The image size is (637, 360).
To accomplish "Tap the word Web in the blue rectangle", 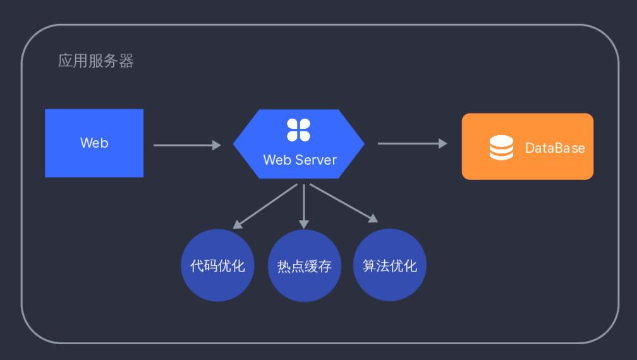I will [x=94, y=143].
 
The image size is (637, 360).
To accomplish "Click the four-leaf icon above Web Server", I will [x=299, y=129].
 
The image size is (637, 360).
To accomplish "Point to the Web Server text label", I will [x=300, y=159].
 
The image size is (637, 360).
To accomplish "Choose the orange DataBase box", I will [x=527, y=164].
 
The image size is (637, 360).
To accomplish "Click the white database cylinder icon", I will [x=501, y=148].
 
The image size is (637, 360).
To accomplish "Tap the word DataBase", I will [x=555, y=148].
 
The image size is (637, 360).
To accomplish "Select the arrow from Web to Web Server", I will [x=186, y=145].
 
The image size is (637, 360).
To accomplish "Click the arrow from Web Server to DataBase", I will [x=411, y=143].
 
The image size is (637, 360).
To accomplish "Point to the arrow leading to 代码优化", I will [x=265, y=206].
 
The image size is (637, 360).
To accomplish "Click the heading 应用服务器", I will [x=96, y=62].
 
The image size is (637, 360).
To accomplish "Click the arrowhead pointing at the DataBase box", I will [x=443, y=143].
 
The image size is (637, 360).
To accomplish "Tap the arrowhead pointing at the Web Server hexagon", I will [x=216, y=145].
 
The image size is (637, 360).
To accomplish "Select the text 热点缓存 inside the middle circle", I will [x=304, y=266].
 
